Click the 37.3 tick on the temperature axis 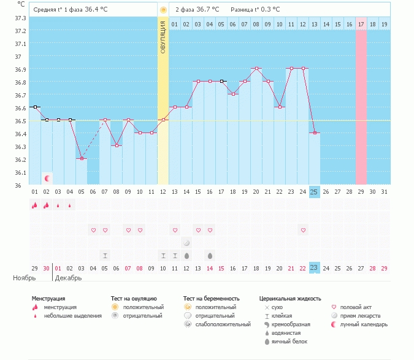click(x=20, y=18)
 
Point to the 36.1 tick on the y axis click(x=20, y=172)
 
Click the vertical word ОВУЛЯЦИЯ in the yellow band click(x=163, y=37)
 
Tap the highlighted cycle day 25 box click(x=314, y=192)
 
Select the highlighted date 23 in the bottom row click(x=314, y=268)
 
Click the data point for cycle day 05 click(x=82, y=158)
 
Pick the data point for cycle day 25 click(x=314, y=132)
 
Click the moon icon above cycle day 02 click(x=47, y=178)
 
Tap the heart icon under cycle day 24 click(x=302, y=230)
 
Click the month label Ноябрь click(x=25, y=278)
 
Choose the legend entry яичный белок click(x=289, y=341)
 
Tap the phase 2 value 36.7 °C click(x=211, y=10)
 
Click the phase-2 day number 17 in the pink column click(x=361, y=25)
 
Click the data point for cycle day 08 click(x=117, y=145)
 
